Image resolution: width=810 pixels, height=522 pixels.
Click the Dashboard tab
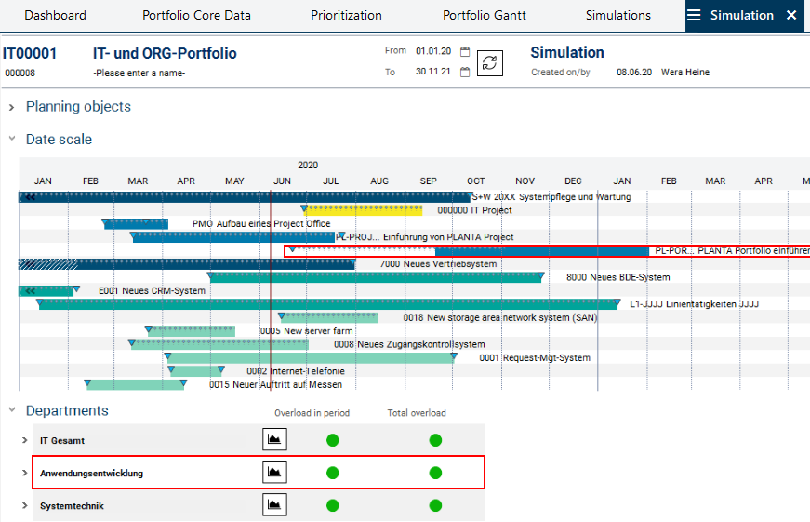(55, 15)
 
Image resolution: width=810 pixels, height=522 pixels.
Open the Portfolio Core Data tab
(196, 15)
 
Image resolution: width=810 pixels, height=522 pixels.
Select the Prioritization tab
(346, 15)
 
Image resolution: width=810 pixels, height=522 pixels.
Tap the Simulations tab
(618, 15)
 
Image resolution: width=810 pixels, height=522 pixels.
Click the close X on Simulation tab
(791, 15)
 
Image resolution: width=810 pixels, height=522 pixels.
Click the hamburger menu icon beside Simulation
(694, 15)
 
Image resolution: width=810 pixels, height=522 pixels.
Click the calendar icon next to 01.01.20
(465, 52)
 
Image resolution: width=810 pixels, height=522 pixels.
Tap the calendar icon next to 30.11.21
(465, 72)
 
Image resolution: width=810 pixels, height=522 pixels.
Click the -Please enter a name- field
(139, 73)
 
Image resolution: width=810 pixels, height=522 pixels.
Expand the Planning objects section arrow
(12, 107)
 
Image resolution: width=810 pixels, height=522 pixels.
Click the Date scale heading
(59, 140)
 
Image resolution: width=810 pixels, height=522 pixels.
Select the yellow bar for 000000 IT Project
(363, 210)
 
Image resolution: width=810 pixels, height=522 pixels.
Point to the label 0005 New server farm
(306, 331)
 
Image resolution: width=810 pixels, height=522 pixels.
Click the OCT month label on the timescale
(475, 181)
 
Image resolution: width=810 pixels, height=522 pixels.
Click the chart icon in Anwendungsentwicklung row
(274, 473)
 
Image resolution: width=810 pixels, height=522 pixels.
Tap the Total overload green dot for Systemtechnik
(435, 506)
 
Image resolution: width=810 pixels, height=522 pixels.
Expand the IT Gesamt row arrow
(25, 440)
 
